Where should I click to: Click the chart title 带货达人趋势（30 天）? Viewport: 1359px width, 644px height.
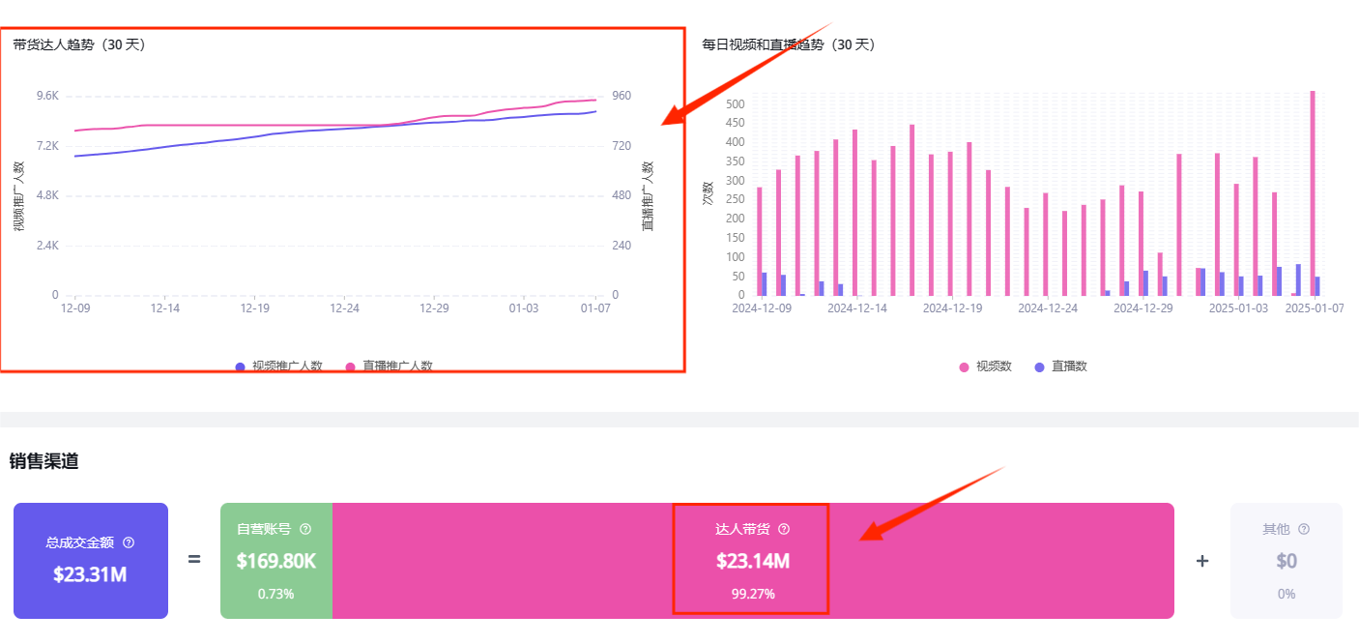pyautogui.click(x=79, y=44)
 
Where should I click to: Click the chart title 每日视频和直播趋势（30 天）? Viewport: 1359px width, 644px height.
pyautogui.click(x=788, y=44)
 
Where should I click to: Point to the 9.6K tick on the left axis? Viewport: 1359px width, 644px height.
pyautogui.click(x=47, y=96)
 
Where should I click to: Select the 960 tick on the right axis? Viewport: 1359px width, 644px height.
pyautogui.click(x=622, y=96)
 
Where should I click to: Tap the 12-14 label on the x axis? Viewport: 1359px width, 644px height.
pyautogui.click(x=164, y=308)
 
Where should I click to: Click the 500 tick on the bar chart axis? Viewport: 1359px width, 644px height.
pyautogui.click(x=735, y=104)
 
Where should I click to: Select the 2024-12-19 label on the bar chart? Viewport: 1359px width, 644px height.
pyautogui.click(x=952, y=308)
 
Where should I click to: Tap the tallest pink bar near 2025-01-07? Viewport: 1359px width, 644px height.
pyautogui.click(x=1312, y=193)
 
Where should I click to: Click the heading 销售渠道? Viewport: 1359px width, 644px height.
pyautogui.click(x=43, y=461)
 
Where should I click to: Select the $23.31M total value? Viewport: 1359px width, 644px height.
pyautogui.click(x=90, y=574)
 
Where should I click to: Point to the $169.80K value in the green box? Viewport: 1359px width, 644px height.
pyautogui.click(x=275, y=561)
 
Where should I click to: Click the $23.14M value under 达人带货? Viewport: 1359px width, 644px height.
pyautogui.click(x=751, y=561)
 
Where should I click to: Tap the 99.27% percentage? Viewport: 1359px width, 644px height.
pyautogui.click(x=752, y=594)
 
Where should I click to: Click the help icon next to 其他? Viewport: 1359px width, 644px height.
pyautogui.click(x=1304, y=529)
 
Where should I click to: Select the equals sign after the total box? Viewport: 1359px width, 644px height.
pyautogui.click(x=194, y=559)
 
